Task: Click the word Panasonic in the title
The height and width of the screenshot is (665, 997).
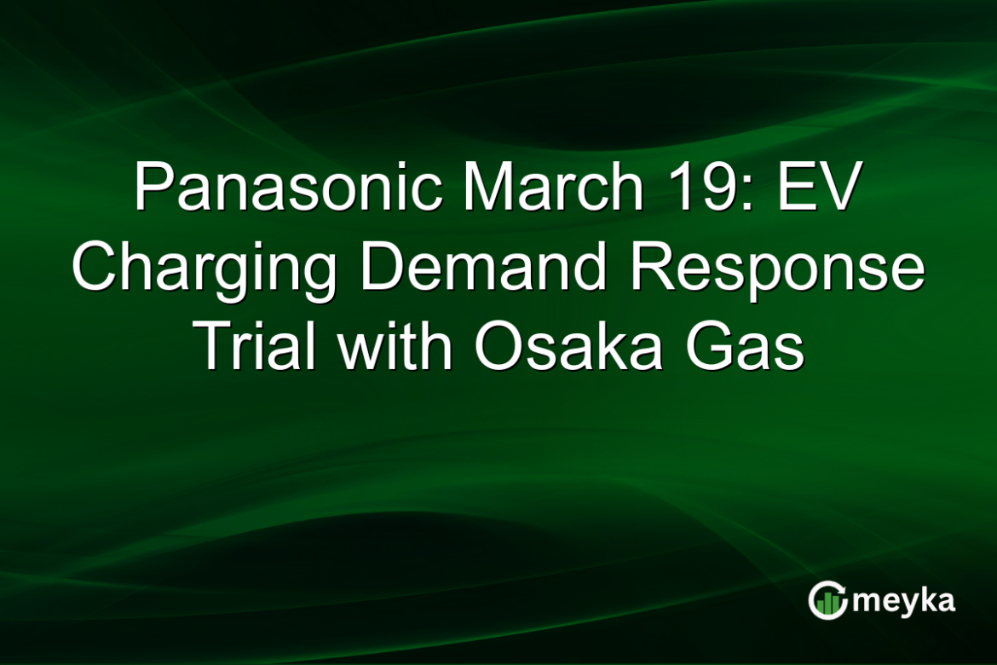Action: (288, 186)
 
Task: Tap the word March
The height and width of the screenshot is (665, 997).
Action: (553, 186)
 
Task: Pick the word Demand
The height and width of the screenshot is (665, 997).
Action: (484, 266)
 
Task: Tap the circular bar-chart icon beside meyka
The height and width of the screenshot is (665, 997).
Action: (827, 599)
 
